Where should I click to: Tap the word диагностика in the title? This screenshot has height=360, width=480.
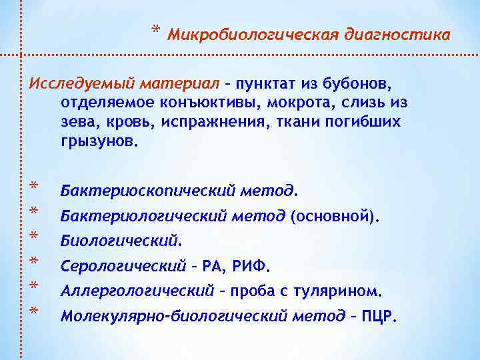pos(395,34)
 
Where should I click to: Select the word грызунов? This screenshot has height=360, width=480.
pos(99,141)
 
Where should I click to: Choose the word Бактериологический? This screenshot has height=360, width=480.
pos(145,216)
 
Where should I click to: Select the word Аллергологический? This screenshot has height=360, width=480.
pos(137,291)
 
